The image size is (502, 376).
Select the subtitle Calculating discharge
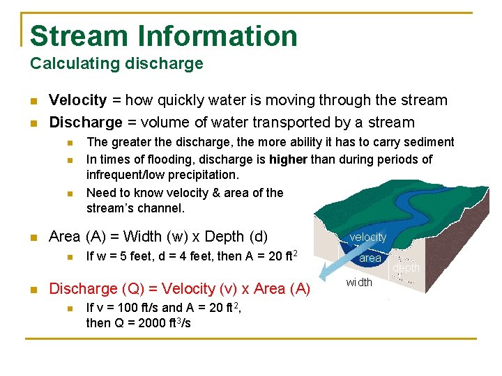click(116, 64)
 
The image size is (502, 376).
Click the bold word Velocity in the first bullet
click(77, 100)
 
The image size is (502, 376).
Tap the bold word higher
click(288, 159)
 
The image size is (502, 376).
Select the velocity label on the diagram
click(367, 237)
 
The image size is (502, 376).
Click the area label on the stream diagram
click(370, 258)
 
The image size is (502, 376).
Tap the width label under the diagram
click(359, 282)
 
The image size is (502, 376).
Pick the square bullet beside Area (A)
click(33, 237)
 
